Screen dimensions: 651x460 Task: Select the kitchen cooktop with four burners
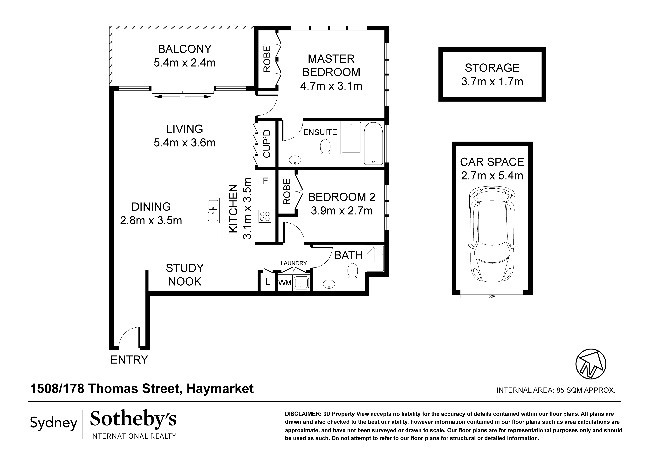point(265,216)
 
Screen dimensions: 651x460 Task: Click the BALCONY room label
point(185,49)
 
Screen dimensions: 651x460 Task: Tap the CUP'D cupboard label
point(267,144)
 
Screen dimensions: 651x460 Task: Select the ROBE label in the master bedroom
point(267,59)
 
